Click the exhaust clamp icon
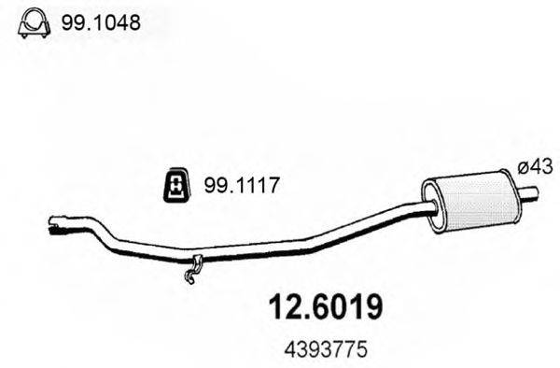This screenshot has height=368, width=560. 34,22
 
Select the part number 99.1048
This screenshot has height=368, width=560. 101,23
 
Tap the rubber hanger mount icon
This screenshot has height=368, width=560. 176,184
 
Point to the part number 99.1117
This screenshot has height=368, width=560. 241,186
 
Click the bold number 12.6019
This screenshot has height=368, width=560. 326,307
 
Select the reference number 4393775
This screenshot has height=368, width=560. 326,349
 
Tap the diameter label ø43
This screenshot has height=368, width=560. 536,166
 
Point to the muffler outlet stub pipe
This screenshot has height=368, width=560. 528,192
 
